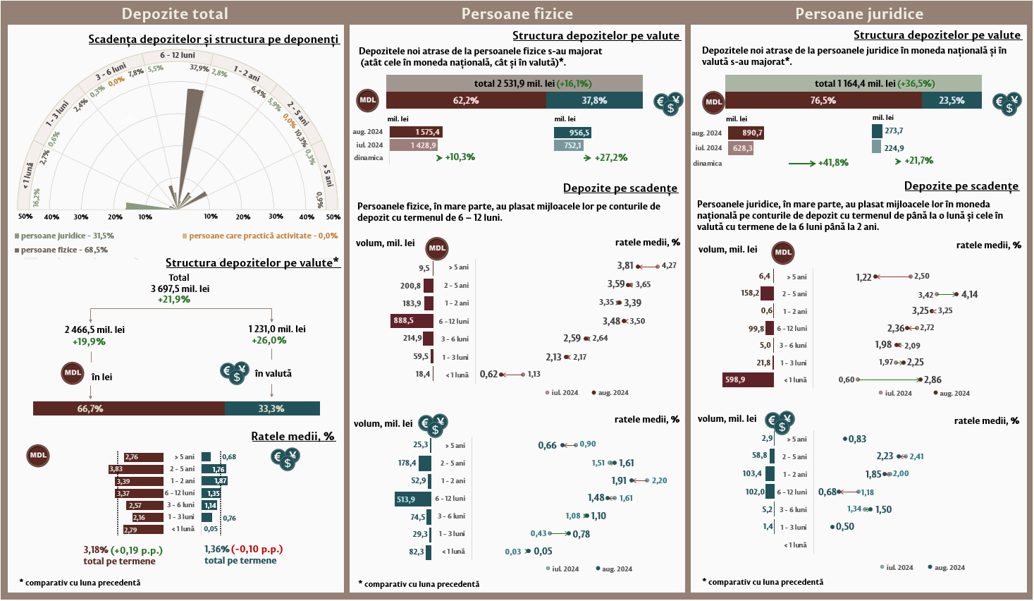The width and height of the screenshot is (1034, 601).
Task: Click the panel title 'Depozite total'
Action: click(175, 13)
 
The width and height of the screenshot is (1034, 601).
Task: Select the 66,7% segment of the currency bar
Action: click(129, 408)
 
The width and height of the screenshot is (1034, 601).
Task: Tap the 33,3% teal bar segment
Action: click(272, 408)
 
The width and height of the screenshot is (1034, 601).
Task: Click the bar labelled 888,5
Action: click(412, 321)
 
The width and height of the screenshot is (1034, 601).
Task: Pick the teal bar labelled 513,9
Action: click(413, 499)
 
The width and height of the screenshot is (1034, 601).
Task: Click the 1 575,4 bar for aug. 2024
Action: click(416, 132)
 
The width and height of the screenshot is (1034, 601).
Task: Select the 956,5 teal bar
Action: click(572, 133)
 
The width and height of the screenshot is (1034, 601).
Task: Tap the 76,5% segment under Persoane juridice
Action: click(823, 101)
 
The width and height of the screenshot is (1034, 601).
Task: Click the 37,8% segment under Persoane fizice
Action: click(594, 101)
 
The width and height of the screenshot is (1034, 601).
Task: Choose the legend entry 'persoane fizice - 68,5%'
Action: click(64, 250)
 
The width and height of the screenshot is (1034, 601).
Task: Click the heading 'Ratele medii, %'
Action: click(293, 437)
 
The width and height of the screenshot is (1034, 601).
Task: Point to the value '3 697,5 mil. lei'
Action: click(180, 289)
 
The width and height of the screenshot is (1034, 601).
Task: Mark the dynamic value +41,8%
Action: click(833, 163)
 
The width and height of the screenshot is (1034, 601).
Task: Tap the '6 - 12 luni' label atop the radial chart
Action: click(178, 55)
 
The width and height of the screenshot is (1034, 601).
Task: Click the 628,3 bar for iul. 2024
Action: click(741, 148)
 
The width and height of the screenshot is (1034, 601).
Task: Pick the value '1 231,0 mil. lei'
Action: click(277, 329)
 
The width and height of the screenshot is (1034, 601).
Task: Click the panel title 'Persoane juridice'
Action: click(858, 13)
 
